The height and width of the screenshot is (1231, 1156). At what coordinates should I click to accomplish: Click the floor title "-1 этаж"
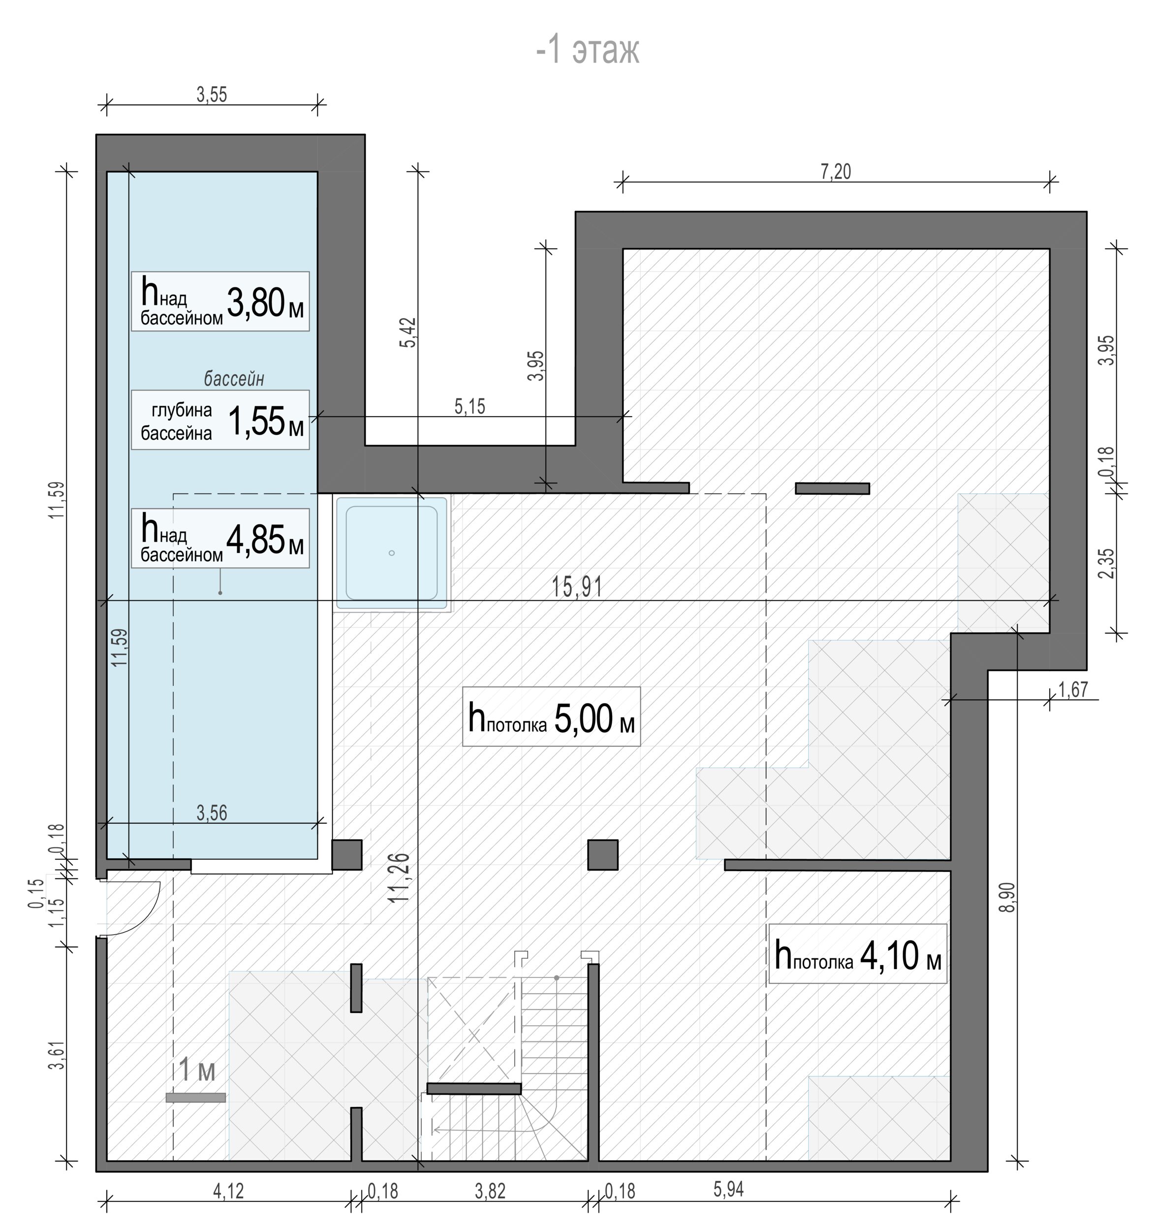pos(587,51)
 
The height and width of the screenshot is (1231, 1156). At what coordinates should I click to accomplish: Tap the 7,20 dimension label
pos(836,171)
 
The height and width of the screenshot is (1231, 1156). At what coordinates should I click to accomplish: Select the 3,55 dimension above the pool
pos(212,95)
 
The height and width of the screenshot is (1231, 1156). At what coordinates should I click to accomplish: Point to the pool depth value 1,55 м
pos(266,421)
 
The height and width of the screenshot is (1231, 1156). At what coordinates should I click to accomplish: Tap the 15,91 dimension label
pos(577,586)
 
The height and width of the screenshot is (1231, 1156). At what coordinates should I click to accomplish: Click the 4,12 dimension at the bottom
pos(228,1191)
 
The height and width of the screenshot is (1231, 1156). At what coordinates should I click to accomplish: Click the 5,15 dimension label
pos(469,407)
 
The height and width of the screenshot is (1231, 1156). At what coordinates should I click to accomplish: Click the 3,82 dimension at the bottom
pos(490,1191)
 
